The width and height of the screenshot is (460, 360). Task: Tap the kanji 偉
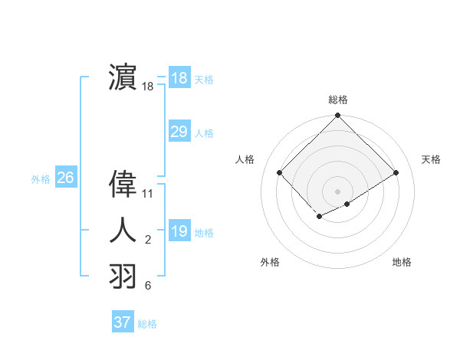coord(123,185)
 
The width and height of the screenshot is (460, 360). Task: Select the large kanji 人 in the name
coord(123,230)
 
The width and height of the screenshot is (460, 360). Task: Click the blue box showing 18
coord(179,78)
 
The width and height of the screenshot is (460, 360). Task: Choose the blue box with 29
coord(179,132)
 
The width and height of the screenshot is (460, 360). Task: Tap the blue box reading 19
coord(179,231)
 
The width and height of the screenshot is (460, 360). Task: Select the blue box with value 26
coord(65,178)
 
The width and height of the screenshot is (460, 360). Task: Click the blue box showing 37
coord(123,322)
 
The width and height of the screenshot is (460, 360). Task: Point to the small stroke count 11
coord(148,194)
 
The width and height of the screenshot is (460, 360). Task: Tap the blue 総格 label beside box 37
coord(147,324)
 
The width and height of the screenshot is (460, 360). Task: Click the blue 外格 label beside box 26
coord(41,179)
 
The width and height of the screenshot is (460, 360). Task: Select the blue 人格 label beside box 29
coord(204,133)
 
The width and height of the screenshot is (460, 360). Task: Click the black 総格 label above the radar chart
coord(337,100)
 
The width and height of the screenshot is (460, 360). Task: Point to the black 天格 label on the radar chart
coord(431,159)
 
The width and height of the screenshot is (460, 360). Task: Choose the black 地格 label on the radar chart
coord(402,262)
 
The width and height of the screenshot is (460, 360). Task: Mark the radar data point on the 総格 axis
coord(337,116)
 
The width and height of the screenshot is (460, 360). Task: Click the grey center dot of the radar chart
coord(337,191)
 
